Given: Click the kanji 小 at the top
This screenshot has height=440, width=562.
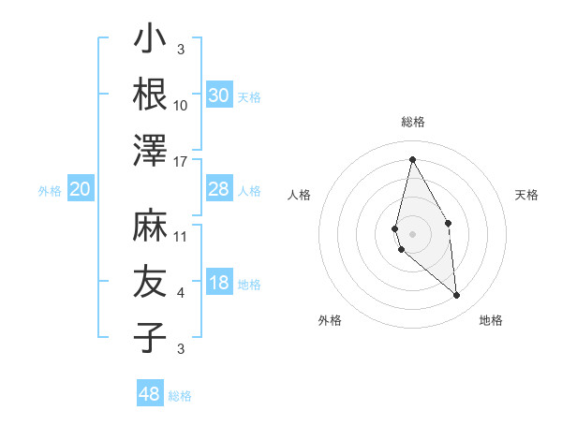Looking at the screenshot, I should coord(150,40).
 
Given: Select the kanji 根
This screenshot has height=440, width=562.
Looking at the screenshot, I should coord(150,95).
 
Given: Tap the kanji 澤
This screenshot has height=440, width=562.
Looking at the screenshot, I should coord(150,150).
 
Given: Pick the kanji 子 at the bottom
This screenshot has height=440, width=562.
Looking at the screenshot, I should coord(150,337).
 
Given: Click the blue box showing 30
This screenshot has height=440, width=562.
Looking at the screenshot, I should coord(219,95).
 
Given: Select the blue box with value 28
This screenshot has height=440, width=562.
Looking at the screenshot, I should coord(219,189).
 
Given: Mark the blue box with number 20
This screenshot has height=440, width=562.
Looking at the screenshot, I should coord(81,189).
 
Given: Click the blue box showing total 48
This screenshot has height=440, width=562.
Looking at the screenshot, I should coord(150,394).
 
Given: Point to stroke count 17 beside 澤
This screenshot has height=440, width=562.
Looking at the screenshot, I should coord(181,161).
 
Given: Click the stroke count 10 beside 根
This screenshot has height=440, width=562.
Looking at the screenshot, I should coord(181,105).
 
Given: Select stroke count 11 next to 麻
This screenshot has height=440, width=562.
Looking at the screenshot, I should coord(181,237).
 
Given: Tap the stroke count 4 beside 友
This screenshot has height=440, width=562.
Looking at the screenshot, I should coord(181,293).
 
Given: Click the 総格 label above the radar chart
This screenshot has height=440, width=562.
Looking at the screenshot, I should coord(413,122).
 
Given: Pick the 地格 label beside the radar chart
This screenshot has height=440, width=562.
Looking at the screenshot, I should coord(491,320).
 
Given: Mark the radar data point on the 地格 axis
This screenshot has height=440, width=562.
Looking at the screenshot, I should coord(457,296).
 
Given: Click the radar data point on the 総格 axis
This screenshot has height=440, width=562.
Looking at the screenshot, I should coord(412,159).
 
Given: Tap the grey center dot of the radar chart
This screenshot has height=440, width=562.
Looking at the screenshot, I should coord(412,233).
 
